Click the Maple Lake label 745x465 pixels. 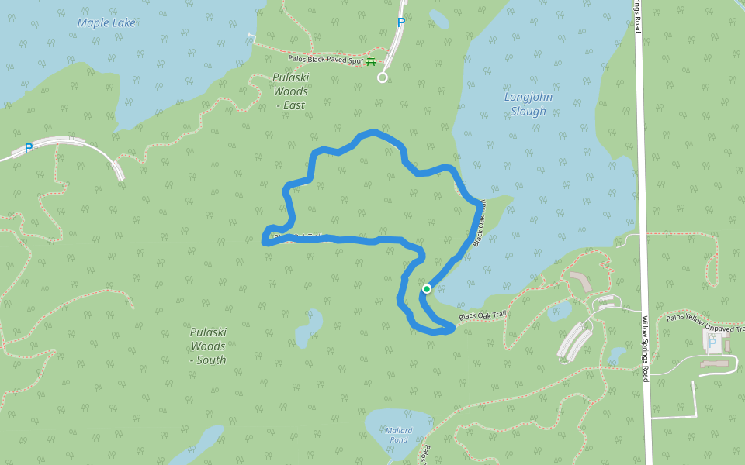(x=106, y=22)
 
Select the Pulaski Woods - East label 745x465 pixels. (x=290, y=91)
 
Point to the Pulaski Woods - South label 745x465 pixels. (x=208, y=346)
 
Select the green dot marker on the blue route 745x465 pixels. (x=426, y=289)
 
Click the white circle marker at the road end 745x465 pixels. (x=382, y=77)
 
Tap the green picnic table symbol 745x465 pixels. (x=371, y=62)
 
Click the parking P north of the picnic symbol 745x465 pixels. (x=401, y=22)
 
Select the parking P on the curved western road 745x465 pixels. (x=29, y=148)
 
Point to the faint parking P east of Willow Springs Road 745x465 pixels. (x=712, y=342)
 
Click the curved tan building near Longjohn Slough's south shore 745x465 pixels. (x=580, y=281)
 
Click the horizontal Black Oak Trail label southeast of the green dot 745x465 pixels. (x=482, y=315)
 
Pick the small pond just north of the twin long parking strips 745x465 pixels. (x=560, y=312)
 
